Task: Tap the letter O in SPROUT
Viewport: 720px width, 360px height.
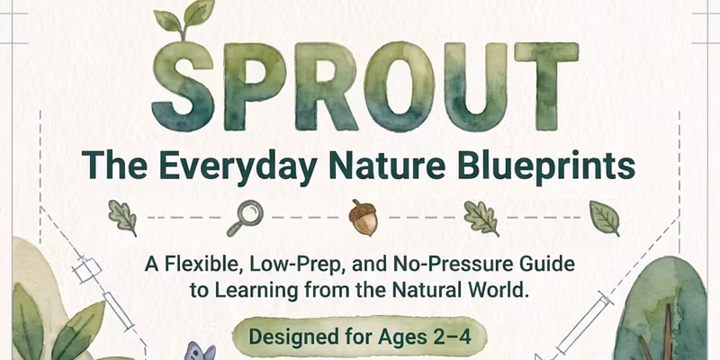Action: click(399, 86)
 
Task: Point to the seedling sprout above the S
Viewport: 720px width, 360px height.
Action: click(184, 18)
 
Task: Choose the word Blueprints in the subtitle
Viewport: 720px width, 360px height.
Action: click(546, 165)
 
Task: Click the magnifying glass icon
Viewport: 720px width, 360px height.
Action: click(245, 218)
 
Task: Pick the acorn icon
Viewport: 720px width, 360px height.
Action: click(363, 218)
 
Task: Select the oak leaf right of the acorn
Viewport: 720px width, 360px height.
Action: click(481, 218)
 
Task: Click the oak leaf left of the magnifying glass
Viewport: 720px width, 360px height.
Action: click(122, 218)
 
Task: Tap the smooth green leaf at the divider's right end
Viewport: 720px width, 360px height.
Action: click(605, 218)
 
